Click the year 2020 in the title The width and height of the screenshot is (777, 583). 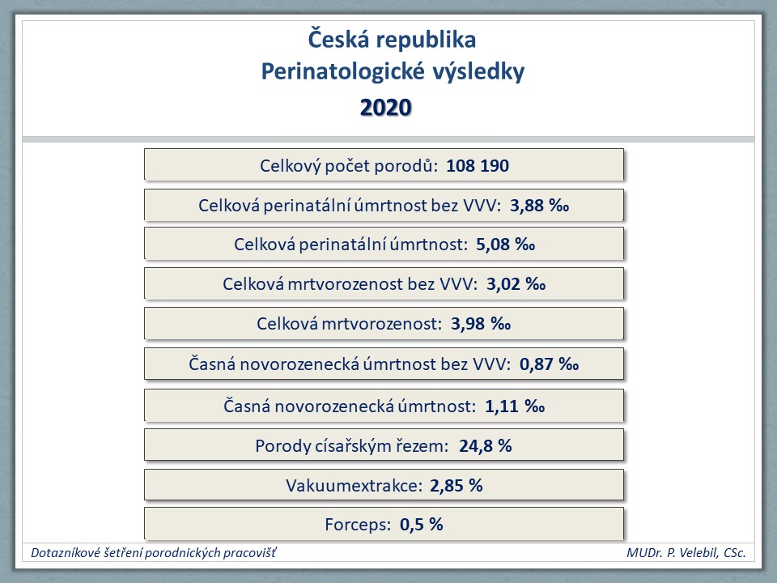coord(385,108)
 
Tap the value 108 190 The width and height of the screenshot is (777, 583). coord(478,165)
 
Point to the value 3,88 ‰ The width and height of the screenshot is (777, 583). coord(539,205)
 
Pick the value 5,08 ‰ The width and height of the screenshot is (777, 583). coord(505,245)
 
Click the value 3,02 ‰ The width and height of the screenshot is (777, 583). coord(516,284)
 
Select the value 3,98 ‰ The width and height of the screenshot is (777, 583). coord(481,324)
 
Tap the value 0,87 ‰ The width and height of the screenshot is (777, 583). coord(549,364)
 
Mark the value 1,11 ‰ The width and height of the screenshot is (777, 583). coord(515,406)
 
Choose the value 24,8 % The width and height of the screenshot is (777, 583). coord(485,446)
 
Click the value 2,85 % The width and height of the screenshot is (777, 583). coord(456,485)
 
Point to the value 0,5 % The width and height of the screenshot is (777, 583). coord(421,525)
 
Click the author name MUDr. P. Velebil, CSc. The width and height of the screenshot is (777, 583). coord(686,553)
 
